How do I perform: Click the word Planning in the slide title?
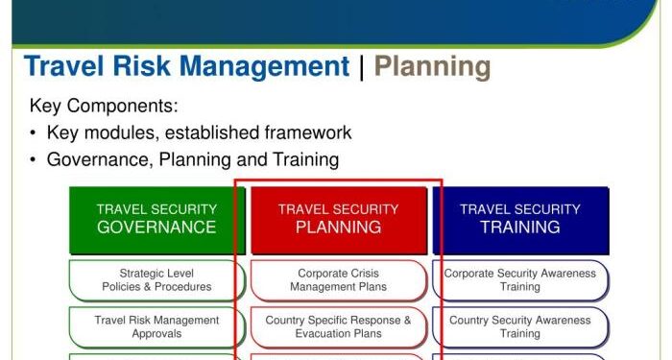click(432, 67)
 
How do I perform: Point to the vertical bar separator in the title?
click(362, 67)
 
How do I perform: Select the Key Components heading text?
click(104, 106)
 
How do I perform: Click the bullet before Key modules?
click(35, 133)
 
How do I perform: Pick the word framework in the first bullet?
click(302, 132)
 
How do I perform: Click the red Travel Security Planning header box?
click(338, 219)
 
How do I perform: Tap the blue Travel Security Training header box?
click(520, 219)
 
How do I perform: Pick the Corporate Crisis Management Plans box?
click(338, 280)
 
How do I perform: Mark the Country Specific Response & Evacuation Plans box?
click(338, 326)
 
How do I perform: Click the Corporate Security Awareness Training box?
click(520, 280)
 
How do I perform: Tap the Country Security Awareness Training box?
click(520, 326)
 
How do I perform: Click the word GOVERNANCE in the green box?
click(156, 228)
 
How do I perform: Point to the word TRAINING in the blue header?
click(520, 228)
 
